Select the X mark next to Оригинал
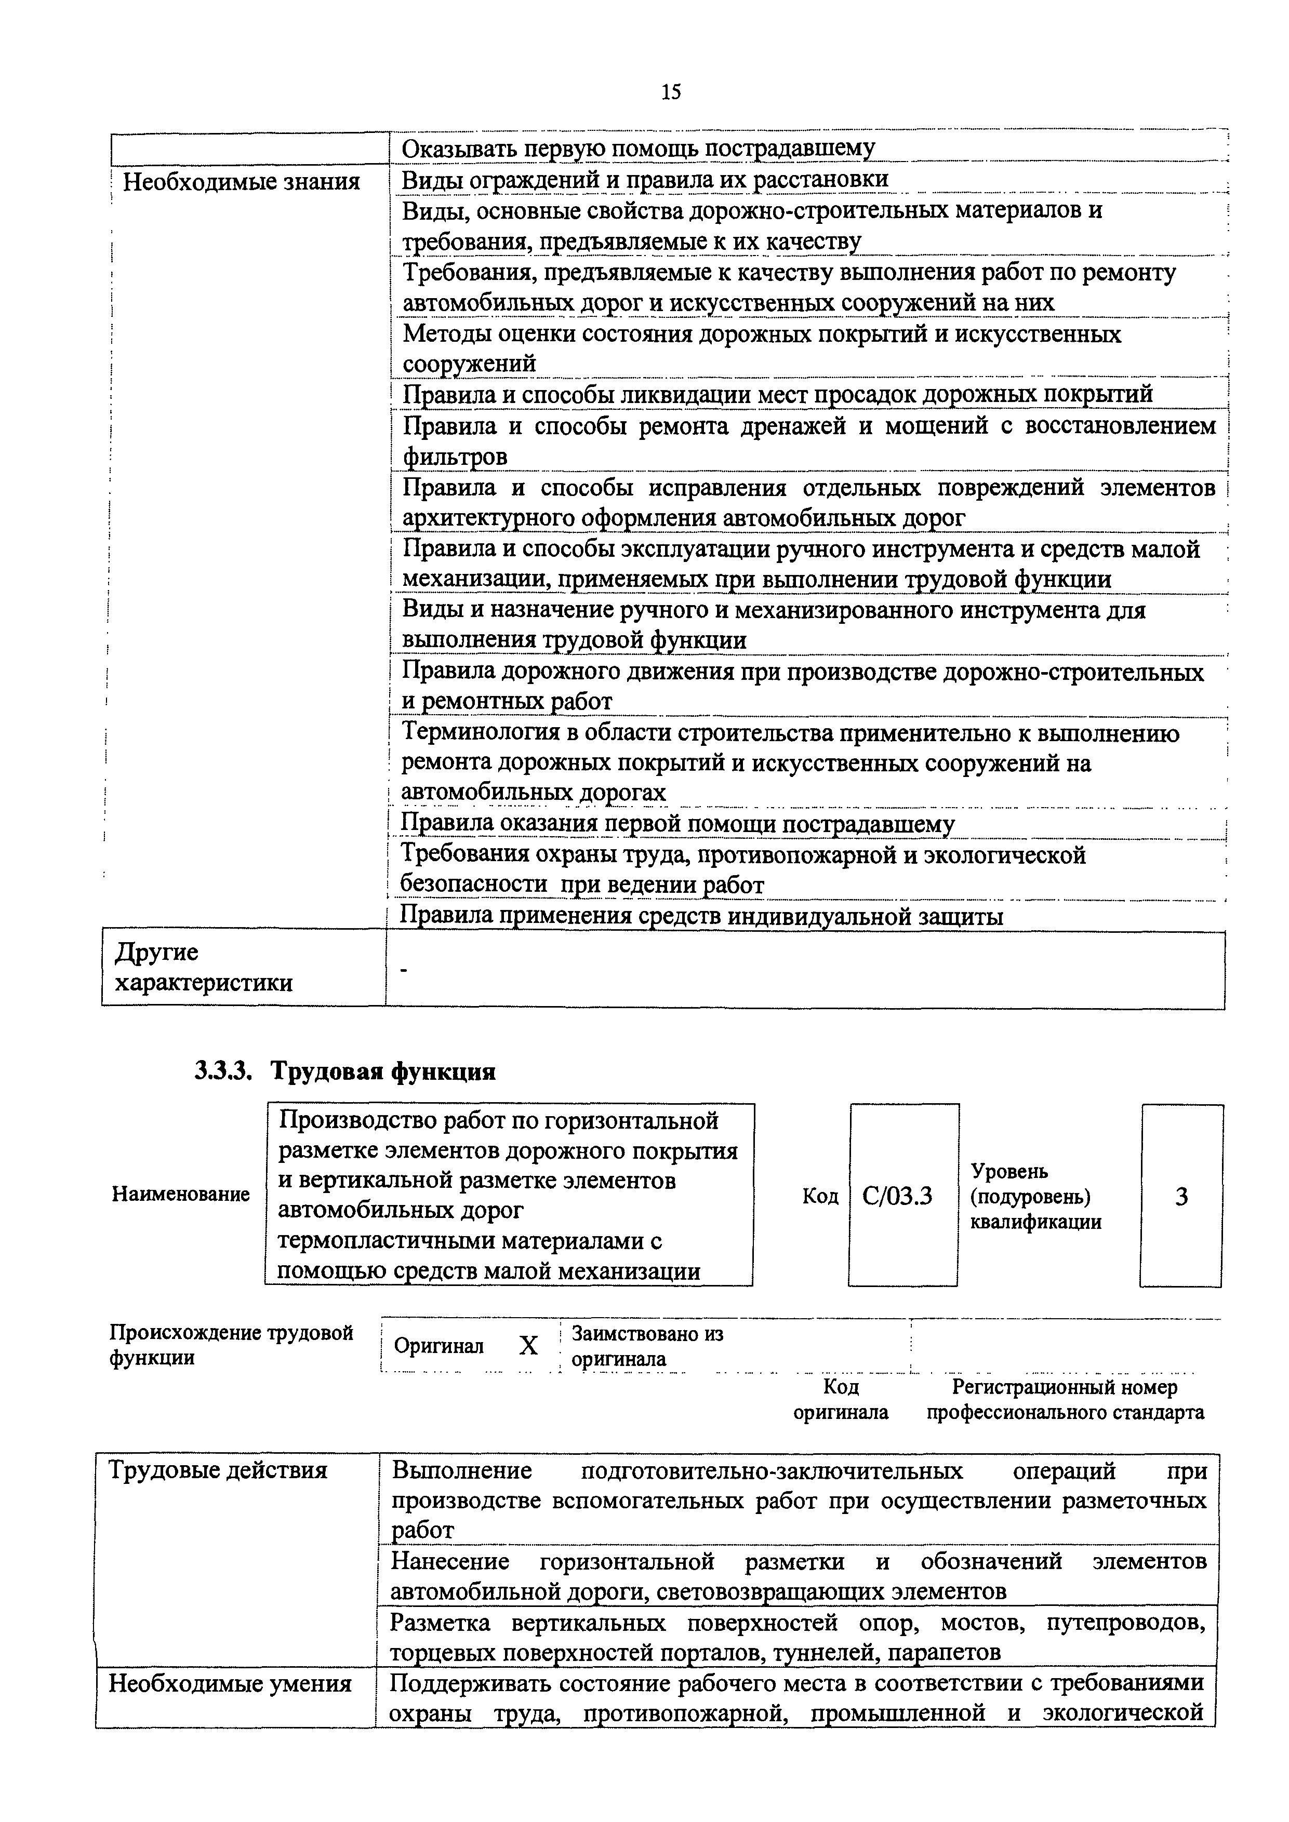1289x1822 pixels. coord(528,1346)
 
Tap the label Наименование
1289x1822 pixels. coord(181,1194)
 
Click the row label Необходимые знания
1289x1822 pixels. coord(241,182)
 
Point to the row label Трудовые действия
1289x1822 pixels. coord(218,1470)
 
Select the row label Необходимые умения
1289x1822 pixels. coord(230,1683)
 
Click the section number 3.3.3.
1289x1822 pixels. coord(223,1072)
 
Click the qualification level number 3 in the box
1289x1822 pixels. coord(1181,1196)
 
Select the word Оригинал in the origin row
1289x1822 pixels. coord(439,1346)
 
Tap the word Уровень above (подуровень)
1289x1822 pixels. coord(1009,1171)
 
